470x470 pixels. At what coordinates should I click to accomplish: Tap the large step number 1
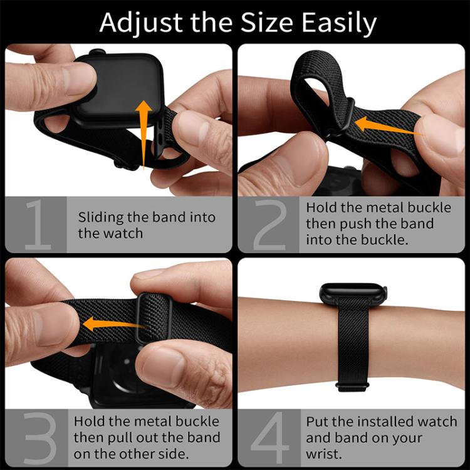[38, 225]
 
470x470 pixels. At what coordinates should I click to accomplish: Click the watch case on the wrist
[353, 295]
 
